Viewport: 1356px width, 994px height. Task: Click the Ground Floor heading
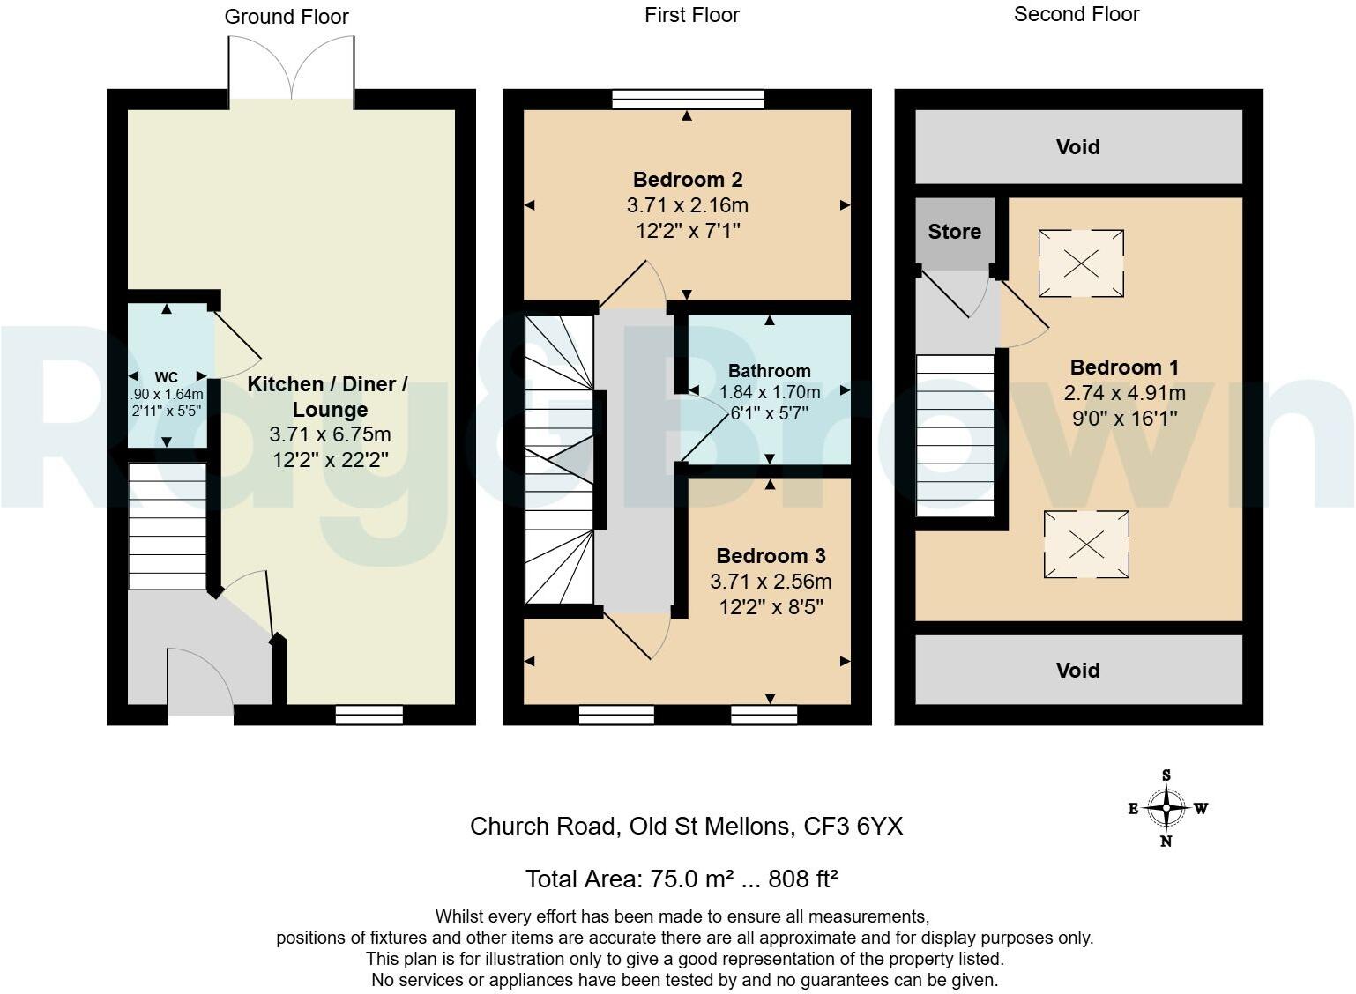(x=287, y=17)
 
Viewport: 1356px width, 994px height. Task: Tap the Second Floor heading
(x=1077, y=14)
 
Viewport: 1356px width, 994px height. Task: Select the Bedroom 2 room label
(x=688, y=180)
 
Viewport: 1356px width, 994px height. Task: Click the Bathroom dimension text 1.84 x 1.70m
(x=770, y=392)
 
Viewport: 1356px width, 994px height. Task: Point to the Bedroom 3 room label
(x=771, y=556)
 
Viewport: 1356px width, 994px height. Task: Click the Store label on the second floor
(x=954, y=232)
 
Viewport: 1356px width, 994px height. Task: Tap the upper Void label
(x=1077, y=147)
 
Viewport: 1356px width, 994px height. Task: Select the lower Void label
(x=1077, y=671)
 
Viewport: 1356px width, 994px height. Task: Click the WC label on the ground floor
(x=167, y=377)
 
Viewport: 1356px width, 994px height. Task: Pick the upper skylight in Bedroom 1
(x=1081, y=263)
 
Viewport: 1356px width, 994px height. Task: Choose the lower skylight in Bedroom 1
(x=1086, y=545)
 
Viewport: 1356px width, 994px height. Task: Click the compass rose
(x=1166, y=808)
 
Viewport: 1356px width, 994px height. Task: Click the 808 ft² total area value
(x=802, y=879)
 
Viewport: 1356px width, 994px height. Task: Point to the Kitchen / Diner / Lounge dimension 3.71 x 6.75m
(x=330, y=434)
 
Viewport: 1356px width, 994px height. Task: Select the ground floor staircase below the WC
(x=168, y=526)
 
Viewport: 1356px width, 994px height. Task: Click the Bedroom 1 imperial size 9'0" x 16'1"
(x=1125, y=418)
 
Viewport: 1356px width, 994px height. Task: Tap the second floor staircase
(x=955, y=435)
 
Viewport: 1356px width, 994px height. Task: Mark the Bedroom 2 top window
(x=688, y=99)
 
